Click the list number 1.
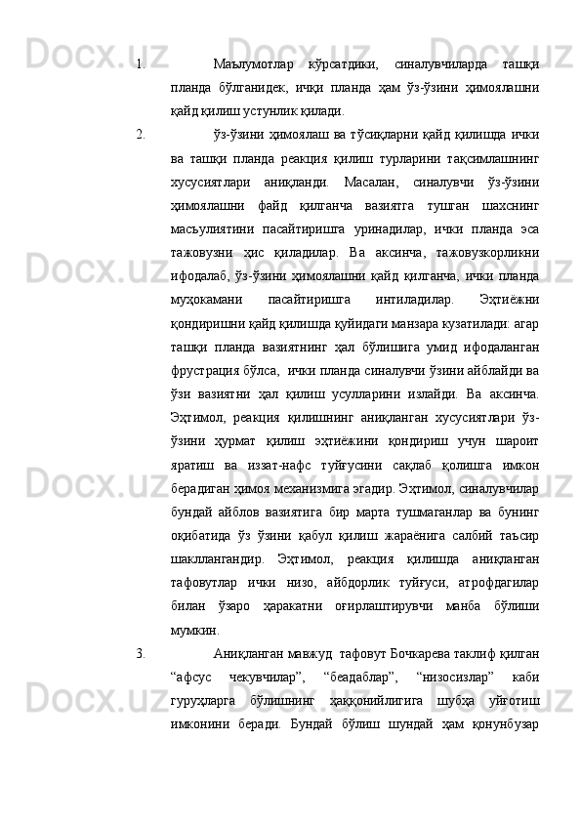[141, 65]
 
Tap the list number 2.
[141, 132]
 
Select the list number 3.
[141, 680]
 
